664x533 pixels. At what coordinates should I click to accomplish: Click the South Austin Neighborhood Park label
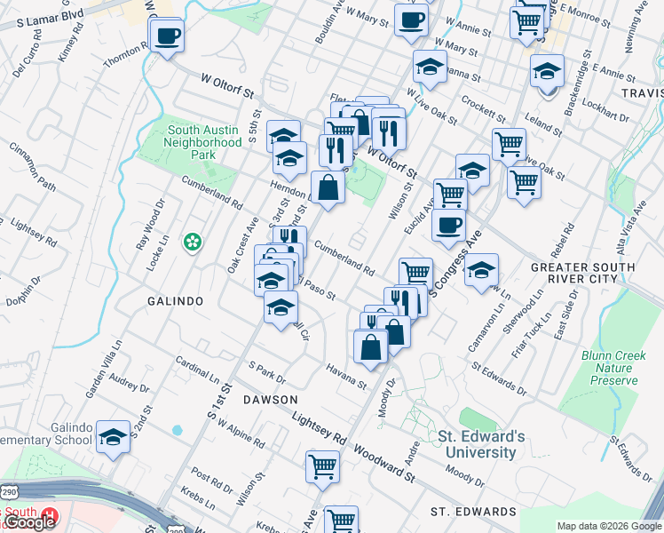[x=203, y=142]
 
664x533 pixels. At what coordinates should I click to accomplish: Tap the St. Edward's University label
[x=477, y=444]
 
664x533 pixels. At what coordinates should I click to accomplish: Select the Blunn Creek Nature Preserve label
[x=613, y=368]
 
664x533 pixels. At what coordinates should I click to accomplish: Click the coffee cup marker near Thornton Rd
[x=167, y=36]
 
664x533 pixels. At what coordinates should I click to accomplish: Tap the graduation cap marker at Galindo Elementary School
[x=113, y=437]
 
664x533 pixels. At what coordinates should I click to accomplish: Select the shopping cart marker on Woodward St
[x=322, y=465]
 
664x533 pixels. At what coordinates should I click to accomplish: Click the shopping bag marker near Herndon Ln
[x=328, y=187]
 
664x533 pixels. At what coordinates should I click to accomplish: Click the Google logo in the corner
[x=29, y=522]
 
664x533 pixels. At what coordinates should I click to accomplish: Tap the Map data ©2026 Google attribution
[x=609, y=526]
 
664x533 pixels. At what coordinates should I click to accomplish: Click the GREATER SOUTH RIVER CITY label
[x=581, y=273]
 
